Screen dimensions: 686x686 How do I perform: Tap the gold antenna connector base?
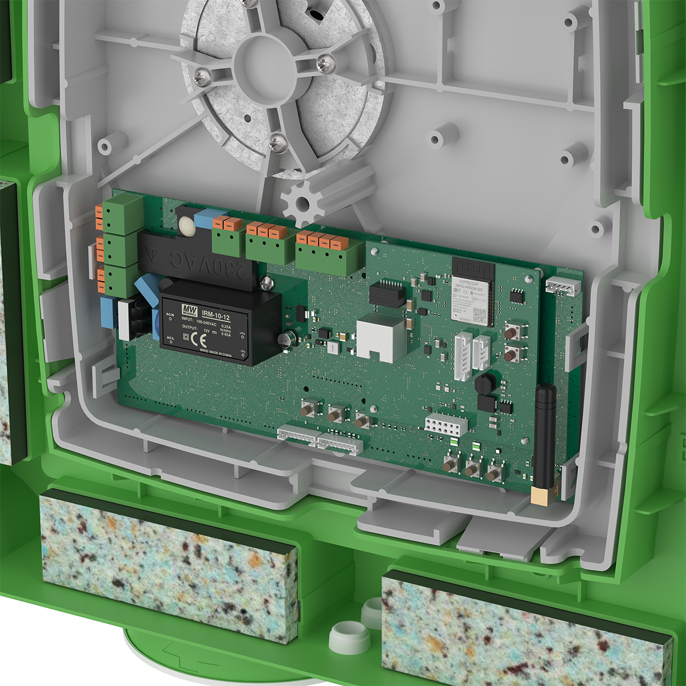click(x=539, y=495)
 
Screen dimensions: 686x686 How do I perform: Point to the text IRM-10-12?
click(x=216, y=316)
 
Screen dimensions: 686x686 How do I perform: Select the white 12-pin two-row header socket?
click(x=446, y=424)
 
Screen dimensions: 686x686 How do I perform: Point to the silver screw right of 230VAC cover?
click(x=265, y=282)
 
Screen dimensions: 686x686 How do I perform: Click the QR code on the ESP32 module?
click(x=479, y=315)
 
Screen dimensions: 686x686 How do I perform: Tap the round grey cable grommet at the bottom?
click(x=349, y=636)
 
